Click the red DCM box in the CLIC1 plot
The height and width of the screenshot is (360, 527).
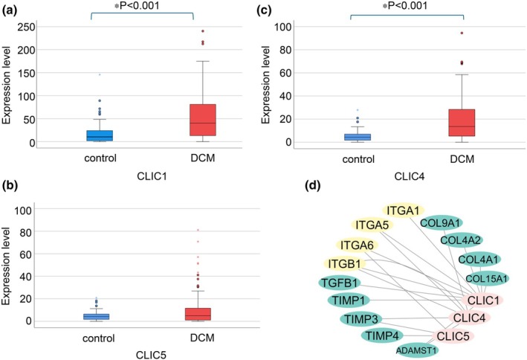point(203,120)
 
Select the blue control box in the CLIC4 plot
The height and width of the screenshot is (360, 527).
point(358,137)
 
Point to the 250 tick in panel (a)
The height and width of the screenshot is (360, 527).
point(26,27)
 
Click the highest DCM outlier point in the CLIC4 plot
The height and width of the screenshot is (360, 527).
point(462,33)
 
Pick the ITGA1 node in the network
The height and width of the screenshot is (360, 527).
point(404,210)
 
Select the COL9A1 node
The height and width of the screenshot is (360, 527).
point(442,222)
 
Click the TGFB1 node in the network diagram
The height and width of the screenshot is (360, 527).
point(340,283)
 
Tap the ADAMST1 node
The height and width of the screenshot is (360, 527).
point(417,350)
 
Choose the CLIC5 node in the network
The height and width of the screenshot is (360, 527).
point(453,335)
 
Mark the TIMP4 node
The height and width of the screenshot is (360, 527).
point(382,335)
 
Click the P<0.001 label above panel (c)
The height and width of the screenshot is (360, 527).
point(404,6)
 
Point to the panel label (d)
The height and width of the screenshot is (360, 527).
point(313,185)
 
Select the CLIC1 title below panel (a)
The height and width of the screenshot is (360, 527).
point(152,176)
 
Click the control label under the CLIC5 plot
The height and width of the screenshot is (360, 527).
point(98,338)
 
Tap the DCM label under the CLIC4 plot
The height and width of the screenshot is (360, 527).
point(462,159)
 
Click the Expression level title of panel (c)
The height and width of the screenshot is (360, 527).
point(265,85)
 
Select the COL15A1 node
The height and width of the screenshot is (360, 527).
point(487,279)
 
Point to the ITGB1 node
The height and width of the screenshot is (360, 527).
point(344,264)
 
